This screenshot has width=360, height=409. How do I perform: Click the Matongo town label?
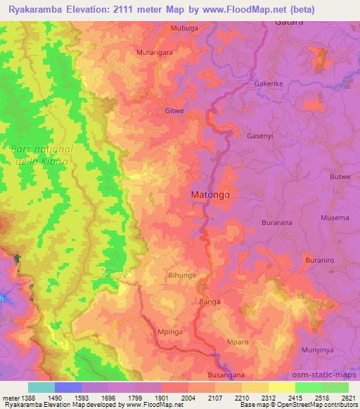210,193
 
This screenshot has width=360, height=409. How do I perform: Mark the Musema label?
334,218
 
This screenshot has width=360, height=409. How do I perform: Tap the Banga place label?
210,301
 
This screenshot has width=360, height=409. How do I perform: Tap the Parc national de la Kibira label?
41,155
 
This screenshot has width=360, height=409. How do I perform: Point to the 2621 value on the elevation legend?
347,397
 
